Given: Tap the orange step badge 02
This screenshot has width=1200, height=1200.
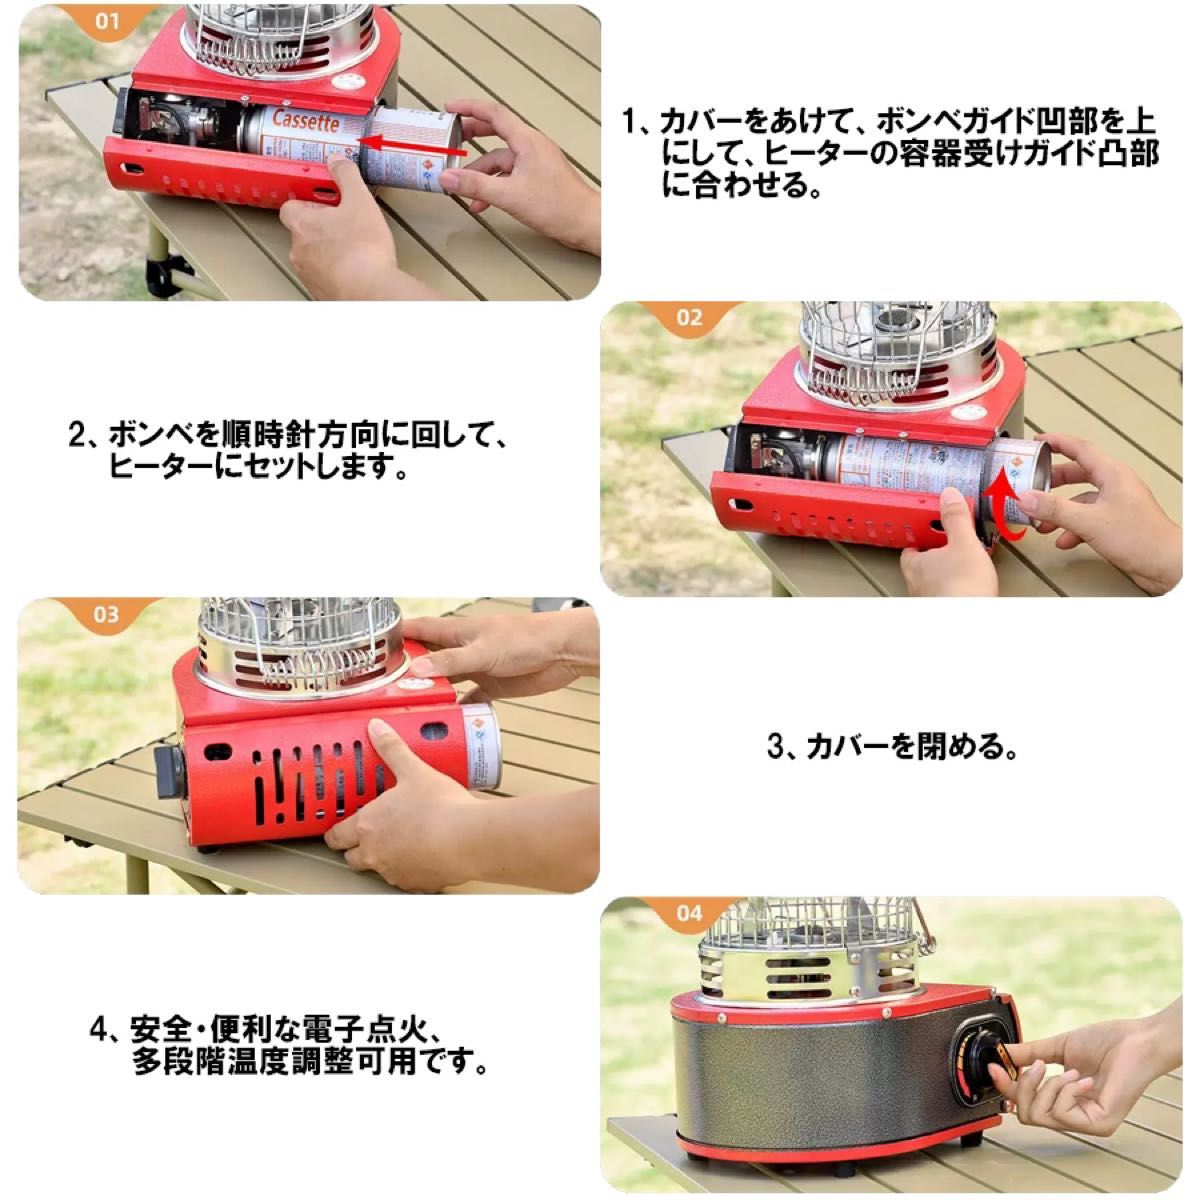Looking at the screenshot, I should (689, 319).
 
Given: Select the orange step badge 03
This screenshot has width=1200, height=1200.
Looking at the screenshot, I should (106, 615).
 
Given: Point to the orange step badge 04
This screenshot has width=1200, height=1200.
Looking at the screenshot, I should (689, 913).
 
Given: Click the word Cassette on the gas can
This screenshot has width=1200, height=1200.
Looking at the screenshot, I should (301, 122).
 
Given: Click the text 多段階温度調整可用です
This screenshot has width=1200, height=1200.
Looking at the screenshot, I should (310, 1061).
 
